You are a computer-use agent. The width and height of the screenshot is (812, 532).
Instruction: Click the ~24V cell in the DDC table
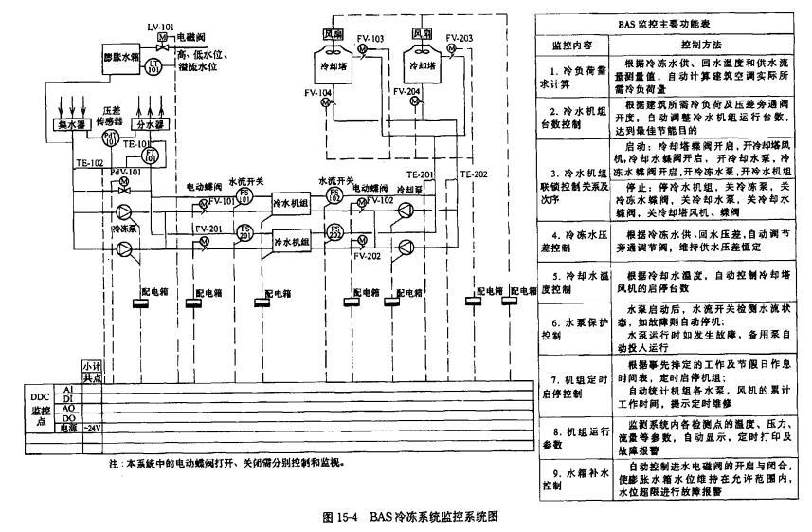tap(92, 428)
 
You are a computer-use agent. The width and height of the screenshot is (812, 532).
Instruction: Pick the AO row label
tap(68, 409)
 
